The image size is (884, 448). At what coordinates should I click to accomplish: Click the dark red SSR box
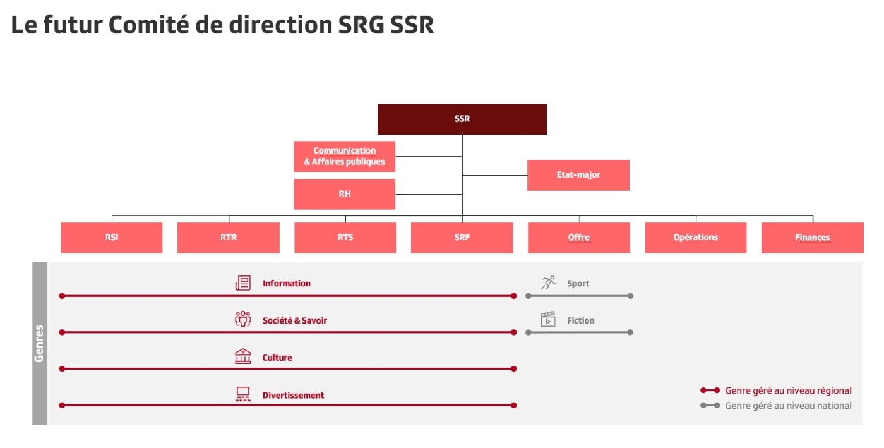click(x=462, y=119)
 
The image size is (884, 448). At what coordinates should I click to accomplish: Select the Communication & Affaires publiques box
click(x=345, y=157)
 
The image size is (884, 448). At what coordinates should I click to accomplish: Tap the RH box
click(x=345, y=194)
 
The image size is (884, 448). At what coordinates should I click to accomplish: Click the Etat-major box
click(x=578, y=176)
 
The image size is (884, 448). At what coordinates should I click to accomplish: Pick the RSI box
click(x=112, y=238)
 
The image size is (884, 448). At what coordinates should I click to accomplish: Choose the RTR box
click(x=229, y=238)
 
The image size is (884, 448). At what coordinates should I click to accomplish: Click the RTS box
click(x=345, y=238)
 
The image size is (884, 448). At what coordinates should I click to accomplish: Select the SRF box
click(x=462, y=238)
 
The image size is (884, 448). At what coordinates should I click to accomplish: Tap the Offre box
click(x=579, y=238)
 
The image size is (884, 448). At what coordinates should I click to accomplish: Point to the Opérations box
click(x=696, y=238)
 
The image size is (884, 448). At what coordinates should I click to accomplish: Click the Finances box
click(x=813, y=238)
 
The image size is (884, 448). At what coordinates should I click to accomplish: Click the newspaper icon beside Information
click(x=243, y=283)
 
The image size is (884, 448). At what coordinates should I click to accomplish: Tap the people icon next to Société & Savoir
click(x=243, y=319)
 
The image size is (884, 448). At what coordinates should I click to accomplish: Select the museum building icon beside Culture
click(x=243, y=356)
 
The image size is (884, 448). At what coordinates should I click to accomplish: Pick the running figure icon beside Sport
click(x=548, y=283)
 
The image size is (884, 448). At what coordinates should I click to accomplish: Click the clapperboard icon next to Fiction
click(x=548, y=319)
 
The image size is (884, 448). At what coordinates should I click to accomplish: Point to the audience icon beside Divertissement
click(x=243, y=394)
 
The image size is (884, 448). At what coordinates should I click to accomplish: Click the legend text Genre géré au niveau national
click(x=788, y=406)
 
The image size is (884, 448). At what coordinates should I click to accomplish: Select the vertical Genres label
click(x=39, y=343)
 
